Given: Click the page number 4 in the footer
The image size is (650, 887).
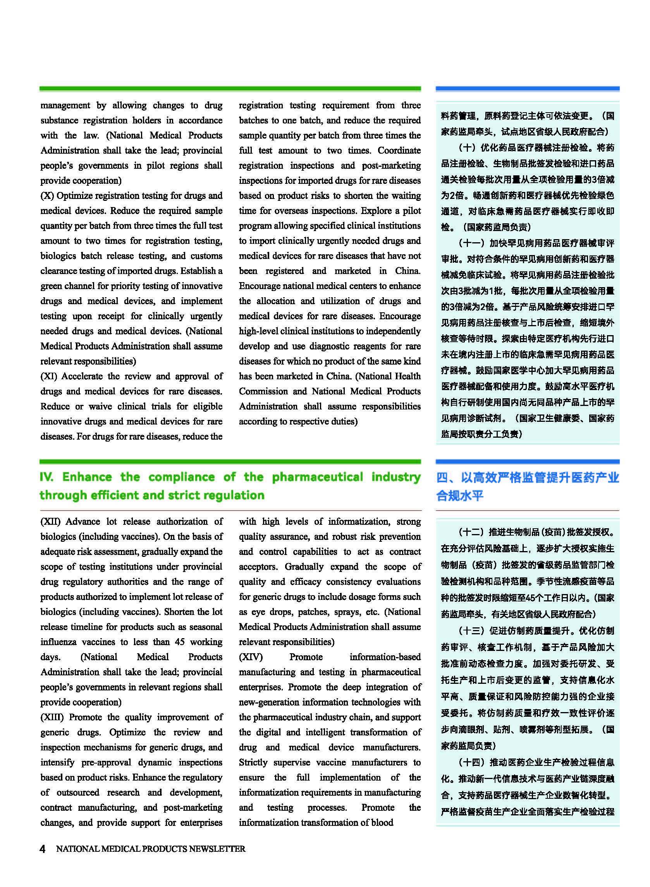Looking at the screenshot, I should (x=43, y=849).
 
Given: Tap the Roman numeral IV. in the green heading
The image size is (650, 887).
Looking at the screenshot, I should (x=46, y=477).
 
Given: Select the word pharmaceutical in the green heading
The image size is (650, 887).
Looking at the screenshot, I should (x=317, y=477).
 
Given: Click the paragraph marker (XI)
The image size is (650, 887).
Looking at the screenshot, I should (x=49, y=377).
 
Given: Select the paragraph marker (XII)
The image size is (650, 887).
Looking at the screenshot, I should (x=50, y=522).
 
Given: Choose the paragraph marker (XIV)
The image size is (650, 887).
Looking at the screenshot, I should (x=251, y=657).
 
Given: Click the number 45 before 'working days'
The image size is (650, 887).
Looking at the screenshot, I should (x=180, y=642).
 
